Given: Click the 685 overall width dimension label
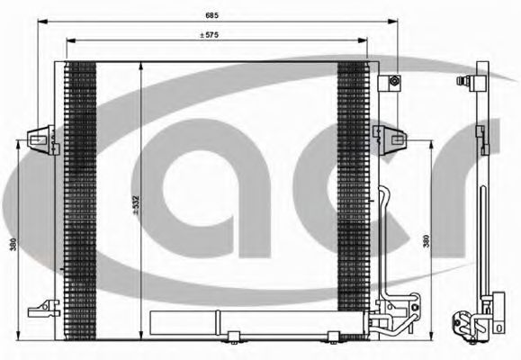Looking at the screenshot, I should coord(212,13).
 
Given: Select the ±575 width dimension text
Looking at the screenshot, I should coord(212,35).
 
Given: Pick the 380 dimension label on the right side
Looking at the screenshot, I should coord(425,241).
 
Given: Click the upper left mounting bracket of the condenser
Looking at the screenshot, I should coord(39,137).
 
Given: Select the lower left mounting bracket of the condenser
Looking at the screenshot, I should coord(40,310).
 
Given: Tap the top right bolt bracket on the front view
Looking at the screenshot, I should coord(393,82).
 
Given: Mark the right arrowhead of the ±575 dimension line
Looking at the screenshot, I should coord(364,41).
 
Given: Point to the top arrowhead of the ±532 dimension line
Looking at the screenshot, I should coord(142,66).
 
